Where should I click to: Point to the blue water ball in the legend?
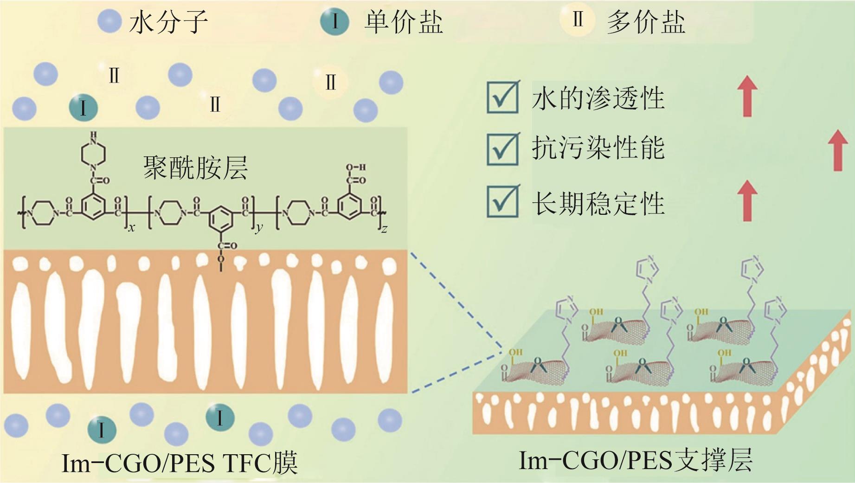(x=110, y=21)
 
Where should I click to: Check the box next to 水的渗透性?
(x=503, y=97)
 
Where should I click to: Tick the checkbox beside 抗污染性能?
(x=503, y=149)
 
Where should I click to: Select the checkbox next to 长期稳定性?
(x=503, y=201)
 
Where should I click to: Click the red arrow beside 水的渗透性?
(x=747, y=97)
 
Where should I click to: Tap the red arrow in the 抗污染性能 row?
(x=837, y=150)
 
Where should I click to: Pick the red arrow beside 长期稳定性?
(x=747, y=200)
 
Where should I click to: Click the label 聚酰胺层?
(x=195, y=168)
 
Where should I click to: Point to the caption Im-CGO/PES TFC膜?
(x=180, y=463)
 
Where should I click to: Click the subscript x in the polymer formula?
(x=131, y=228)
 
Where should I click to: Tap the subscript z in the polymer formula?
(x=384, y=229)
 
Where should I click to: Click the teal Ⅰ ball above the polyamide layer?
(x=84, y=108)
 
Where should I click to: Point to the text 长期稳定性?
(x=598, y=203)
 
